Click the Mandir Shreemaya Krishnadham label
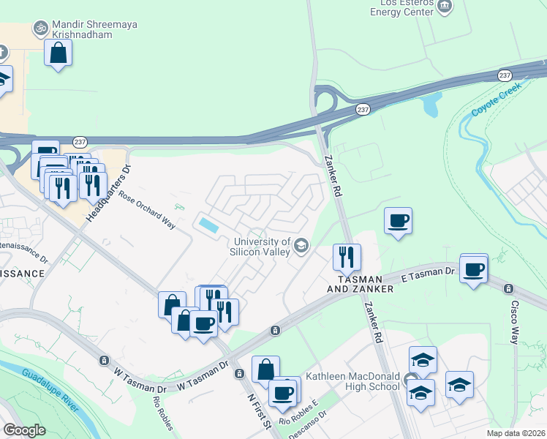pos(95,29)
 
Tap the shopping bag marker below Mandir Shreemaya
pos(59,53)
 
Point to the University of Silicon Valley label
pos(262,247)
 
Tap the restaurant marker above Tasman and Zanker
pos(346,257)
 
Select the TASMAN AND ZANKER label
pos(365,285)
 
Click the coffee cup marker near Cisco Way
pos(473,269)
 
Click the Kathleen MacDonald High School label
pos(353,380)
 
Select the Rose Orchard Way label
pos(148,210)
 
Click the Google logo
pos(25,430)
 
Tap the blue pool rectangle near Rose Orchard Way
pos(208,225)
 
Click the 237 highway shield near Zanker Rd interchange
pos(364,109)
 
